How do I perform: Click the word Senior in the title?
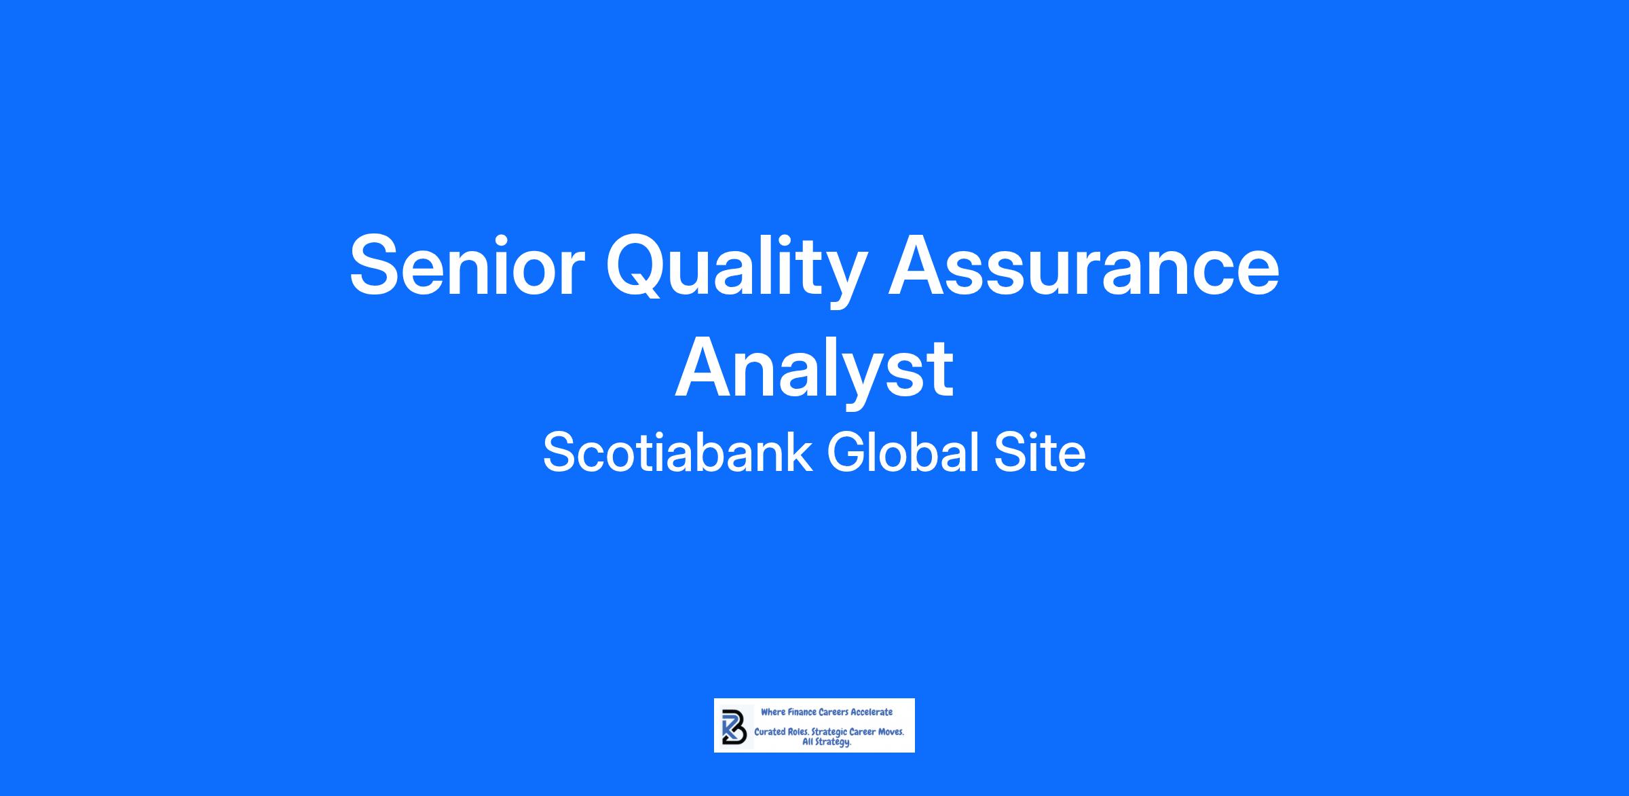click(467, 265)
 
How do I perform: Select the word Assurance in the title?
click(1083, 265)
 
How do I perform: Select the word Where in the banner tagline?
click(772, 713)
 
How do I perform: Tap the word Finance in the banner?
click(802, 713)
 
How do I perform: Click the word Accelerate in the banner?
click(872, 713)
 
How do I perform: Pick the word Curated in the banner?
click(770, 733)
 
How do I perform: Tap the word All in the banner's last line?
click(808, 742)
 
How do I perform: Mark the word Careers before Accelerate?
click(834, 713)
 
